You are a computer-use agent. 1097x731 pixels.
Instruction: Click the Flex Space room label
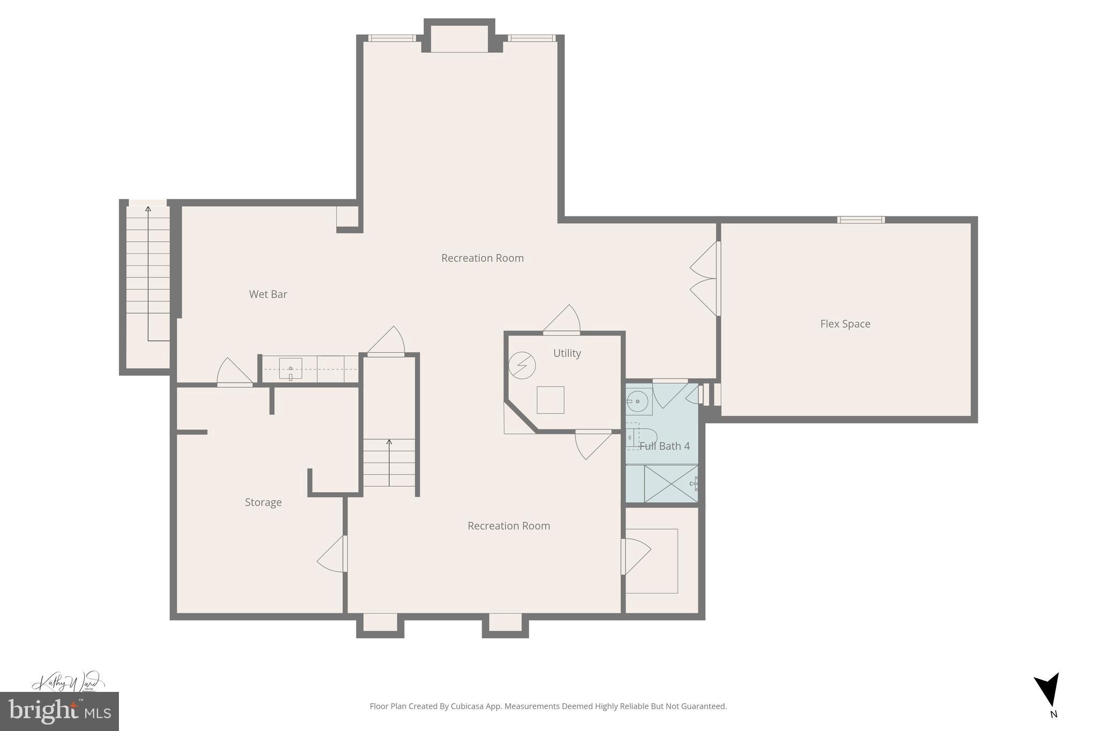point(845,323)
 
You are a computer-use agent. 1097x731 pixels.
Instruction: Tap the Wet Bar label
point(268,294)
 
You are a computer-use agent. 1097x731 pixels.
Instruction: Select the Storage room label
point(263,502)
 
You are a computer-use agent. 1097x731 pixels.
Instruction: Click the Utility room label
point(567,353)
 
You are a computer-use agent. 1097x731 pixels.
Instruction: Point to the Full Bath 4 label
point(664,446)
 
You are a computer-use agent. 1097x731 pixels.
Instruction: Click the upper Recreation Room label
point(482,258)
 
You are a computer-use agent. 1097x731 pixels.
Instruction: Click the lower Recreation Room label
point(508,525)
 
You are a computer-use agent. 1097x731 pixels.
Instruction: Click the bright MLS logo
point(59,711)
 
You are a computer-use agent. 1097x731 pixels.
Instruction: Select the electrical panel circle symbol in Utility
point(522,365)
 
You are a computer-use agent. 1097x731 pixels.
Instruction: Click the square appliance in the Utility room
point(550,400)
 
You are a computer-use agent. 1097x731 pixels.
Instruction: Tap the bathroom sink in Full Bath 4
point(637,401)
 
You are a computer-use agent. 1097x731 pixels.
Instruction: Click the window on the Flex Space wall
point(860,220)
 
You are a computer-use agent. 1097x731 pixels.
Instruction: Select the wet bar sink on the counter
point(290,368)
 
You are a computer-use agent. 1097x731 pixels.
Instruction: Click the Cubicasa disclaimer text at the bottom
point(548,706)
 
